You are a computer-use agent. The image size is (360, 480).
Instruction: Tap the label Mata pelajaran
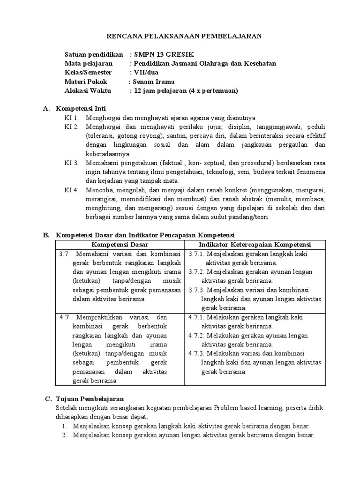88,63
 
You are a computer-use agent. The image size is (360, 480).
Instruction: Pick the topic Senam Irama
154,82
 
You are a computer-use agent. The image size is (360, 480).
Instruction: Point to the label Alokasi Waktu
88,91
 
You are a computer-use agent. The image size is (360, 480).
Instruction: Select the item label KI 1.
72,118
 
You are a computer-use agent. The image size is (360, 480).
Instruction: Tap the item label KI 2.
72,127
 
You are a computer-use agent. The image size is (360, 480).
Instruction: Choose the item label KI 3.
72,163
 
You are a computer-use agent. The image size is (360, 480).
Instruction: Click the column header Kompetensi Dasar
120,245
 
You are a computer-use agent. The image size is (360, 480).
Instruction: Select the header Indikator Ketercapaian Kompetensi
255,245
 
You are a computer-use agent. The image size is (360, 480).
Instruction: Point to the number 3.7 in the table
64,254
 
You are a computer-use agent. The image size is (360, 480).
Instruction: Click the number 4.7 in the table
64,317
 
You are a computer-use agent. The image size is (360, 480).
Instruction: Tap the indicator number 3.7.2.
196,272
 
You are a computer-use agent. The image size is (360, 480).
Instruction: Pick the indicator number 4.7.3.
196,353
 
